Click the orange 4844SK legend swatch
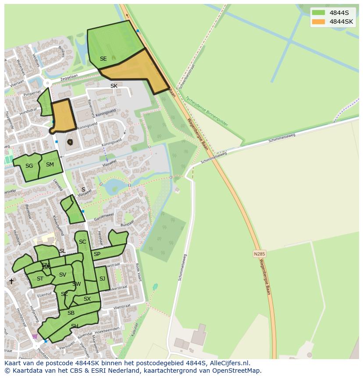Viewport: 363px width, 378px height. point(319,22)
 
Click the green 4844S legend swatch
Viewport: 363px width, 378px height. point(319,12)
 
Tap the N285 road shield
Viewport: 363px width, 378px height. point(260,254)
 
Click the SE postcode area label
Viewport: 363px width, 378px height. point(103,59)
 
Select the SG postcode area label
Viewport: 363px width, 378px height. point(29,166)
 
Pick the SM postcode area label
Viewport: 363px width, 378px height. point(50,165)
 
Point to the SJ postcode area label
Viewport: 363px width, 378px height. point(102,279)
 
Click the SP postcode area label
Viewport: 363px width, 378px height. point(97,254)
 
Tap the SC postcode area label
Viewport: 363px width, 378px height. point(82,242)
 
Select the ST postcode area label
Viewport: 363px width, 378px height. point(40,279)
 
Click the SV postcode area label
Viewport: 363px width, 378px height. point(62,275)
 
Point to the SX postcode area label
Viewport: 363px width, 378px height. point(87,299)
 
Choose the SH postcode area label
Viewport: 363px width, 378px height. point(75,326)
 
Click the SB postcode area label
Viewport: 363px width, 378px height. point(71,313)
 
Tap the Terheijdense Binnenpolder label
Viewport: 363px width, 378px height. point(206,112)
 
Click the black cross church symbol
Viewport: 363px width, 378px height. point(11,281)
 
